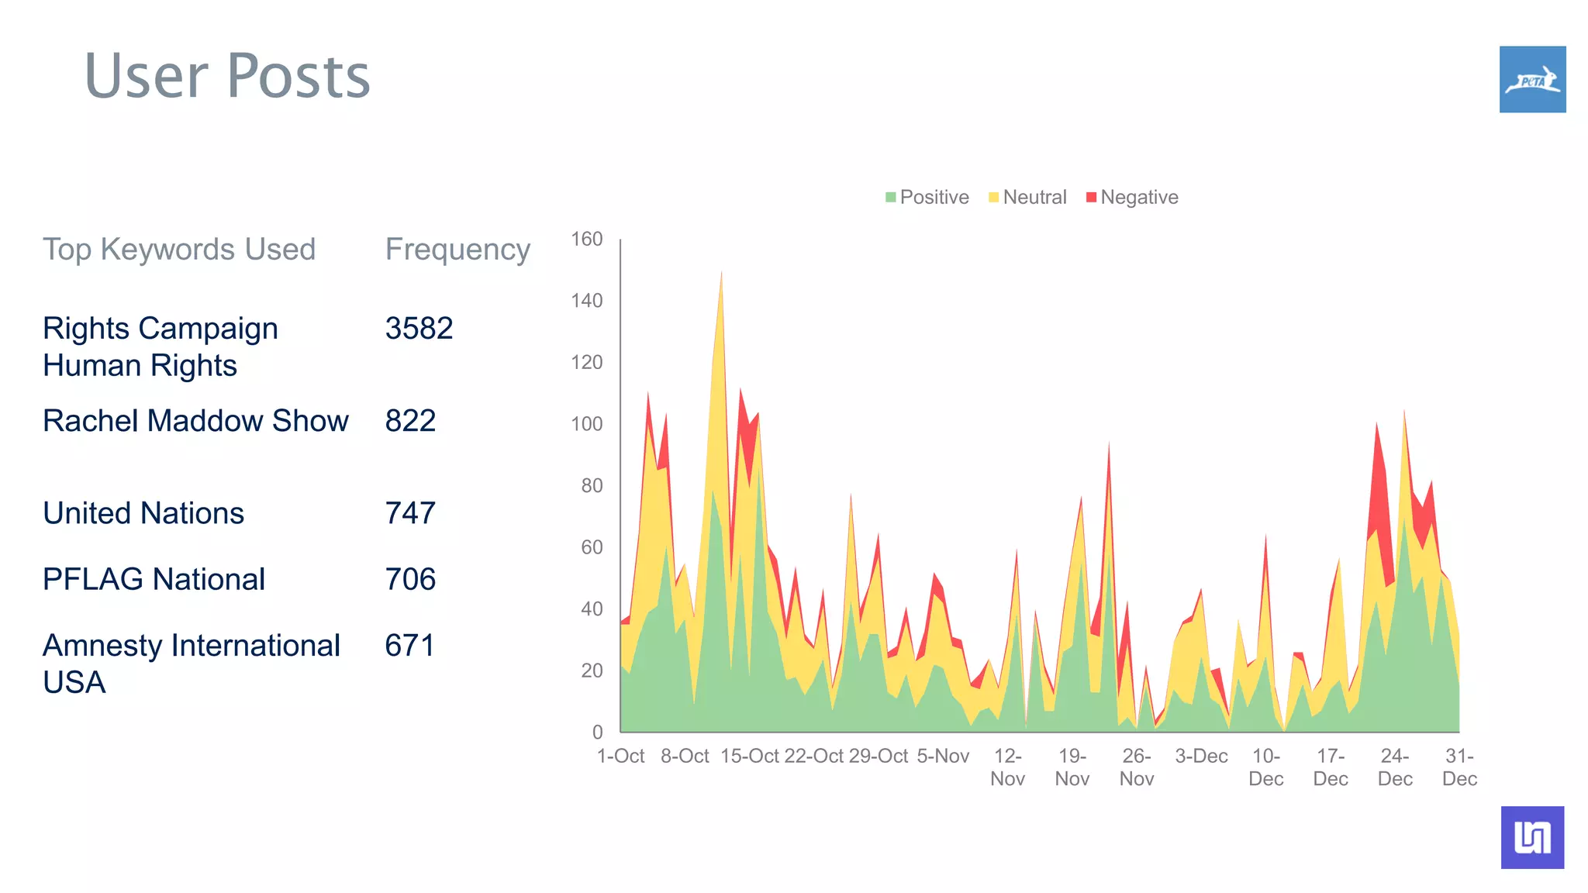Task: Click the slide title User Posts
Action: click(x=227, y=76)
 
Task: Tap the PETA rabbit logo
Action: click(x=1532, y=79)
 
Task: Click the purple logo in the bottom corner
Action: click(x=1532, y=837)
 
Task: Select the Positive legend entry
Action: click(x=927, y=198)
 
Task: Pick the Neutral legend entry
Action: click(x=1027, y=198)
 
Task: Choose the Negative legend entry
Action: click(x=1132, y=198)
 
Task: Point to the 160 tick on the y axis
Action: click(x=587, y=240)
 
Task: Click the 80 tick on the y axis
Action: click(x=592, y=486)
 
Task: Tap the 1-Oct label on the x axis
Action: click(x=620, y=757)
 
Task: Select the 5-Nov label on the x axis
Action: click(x=943, y=757)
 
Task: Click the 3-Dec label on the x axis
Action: click(x=1201, y=757)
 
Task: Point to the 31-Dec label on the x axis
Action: click(x=1459, y=767)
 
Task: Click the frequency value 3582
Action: click(x=419, y=329)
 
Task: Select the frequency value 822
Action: click(x=410, y=421)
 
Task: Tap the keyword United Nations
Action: click(x=143, y=513)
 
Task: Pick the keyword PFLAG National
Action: click(x=154, y=579)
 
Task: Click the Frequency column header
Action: click(x=457, y=250)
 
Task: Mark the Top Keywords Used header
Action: click(x=179, y=250)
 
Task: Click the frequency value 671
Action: click(x=410, y=646)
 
